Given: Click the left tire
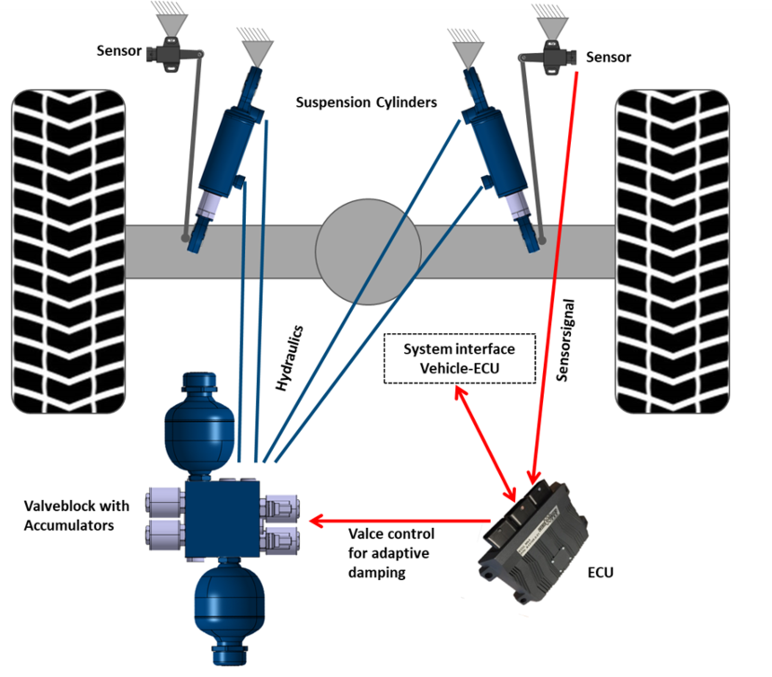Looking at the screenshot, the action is [x=68, y=251].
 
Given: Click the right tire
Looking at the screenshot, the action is [x=672, y=251].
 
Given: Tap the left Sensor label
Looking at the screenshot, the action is [x=119, y=50].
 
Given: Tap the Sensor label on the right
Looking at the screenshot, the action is [x=609, y=57].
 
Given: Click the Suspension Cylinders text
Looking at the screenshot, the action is [x=366, y=102].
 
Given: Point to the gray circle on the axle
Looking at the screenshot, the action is [x=368, y=251].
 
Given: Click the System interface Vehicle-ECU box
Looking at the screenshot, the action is [x=460, y=358].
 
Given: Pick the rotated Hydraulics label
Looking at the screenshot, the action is [x=289, y=358].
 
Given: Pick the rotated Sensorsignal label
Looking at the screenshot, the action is [x=566, y=340].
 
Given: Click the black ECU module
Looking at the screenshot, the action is [x=532, y=541].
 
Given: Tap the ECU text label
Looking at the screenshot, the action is [x=601, y=573].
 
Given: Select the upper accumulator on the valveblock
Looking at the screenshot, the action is [x=199, y=424].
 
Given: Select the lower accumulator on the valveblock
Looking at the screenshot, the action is [x=230, y=611].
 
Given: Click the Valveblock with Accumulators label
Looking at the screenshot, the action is [x=76, y=515].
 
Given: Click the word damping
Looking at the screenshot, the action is [x=377, y=573].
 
